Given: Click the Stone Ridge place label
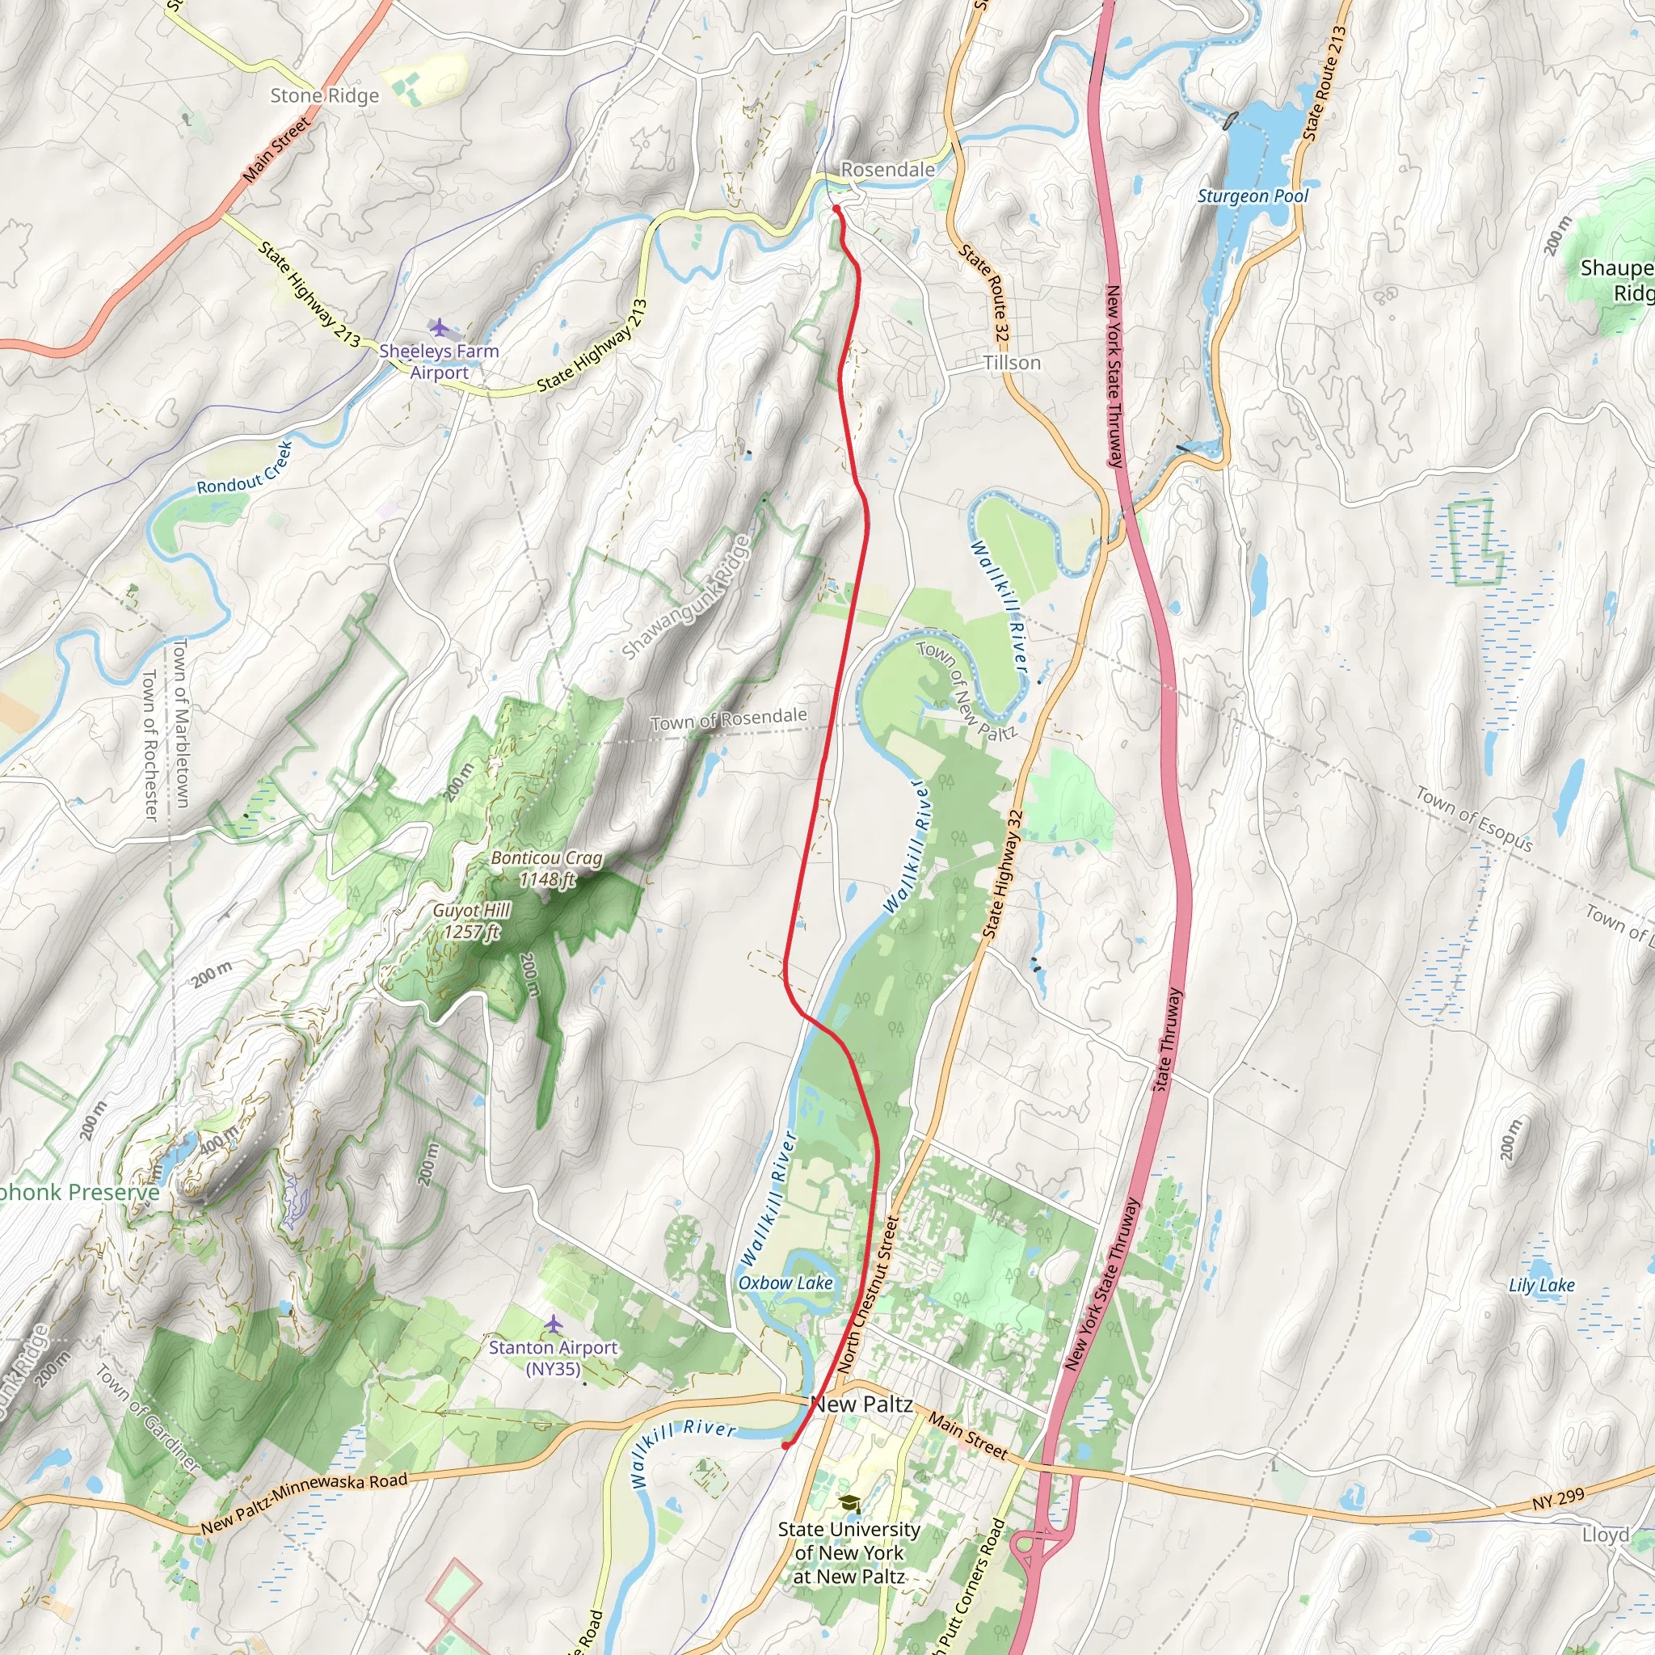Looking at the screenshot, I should click(x=324, y=95).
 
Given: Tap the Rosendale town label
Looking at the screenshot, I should click(x=887, y=170).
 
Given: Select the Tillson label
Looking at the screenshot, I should click(x=1012, y=362).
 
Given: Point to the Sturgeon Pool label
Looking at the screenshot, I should click(x=1253, y=196).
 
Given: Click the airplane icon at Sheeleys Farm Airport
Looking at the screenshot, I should click(x=440, y=327).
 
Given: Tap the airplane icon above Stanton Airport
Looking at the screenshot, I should click(x=554, y=1324).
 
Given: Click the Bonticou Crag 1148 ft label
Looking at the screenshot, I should click(x=546, y=868).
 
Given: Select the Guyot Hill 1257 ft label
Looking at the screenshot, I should click(x=472, y=921).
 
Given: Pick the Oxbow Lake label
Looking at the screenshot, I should click(x=785, y=1282).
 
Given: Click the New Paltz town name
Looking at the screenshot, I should click(x=861, y=1403).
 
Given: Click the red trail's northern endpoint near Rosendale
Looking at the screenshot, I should click(x=836, y=208).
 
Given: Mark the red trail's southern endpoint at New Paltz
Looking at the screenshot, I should click(x=785, y=1446).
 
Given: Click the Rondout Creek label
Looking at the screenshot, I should click(x=245, y=468).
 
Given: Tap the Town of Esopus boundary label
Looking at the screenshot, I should click(x=1473, y=819).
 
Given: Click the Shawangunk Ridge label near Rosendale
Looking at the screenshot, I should click(x=685, y=597).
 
